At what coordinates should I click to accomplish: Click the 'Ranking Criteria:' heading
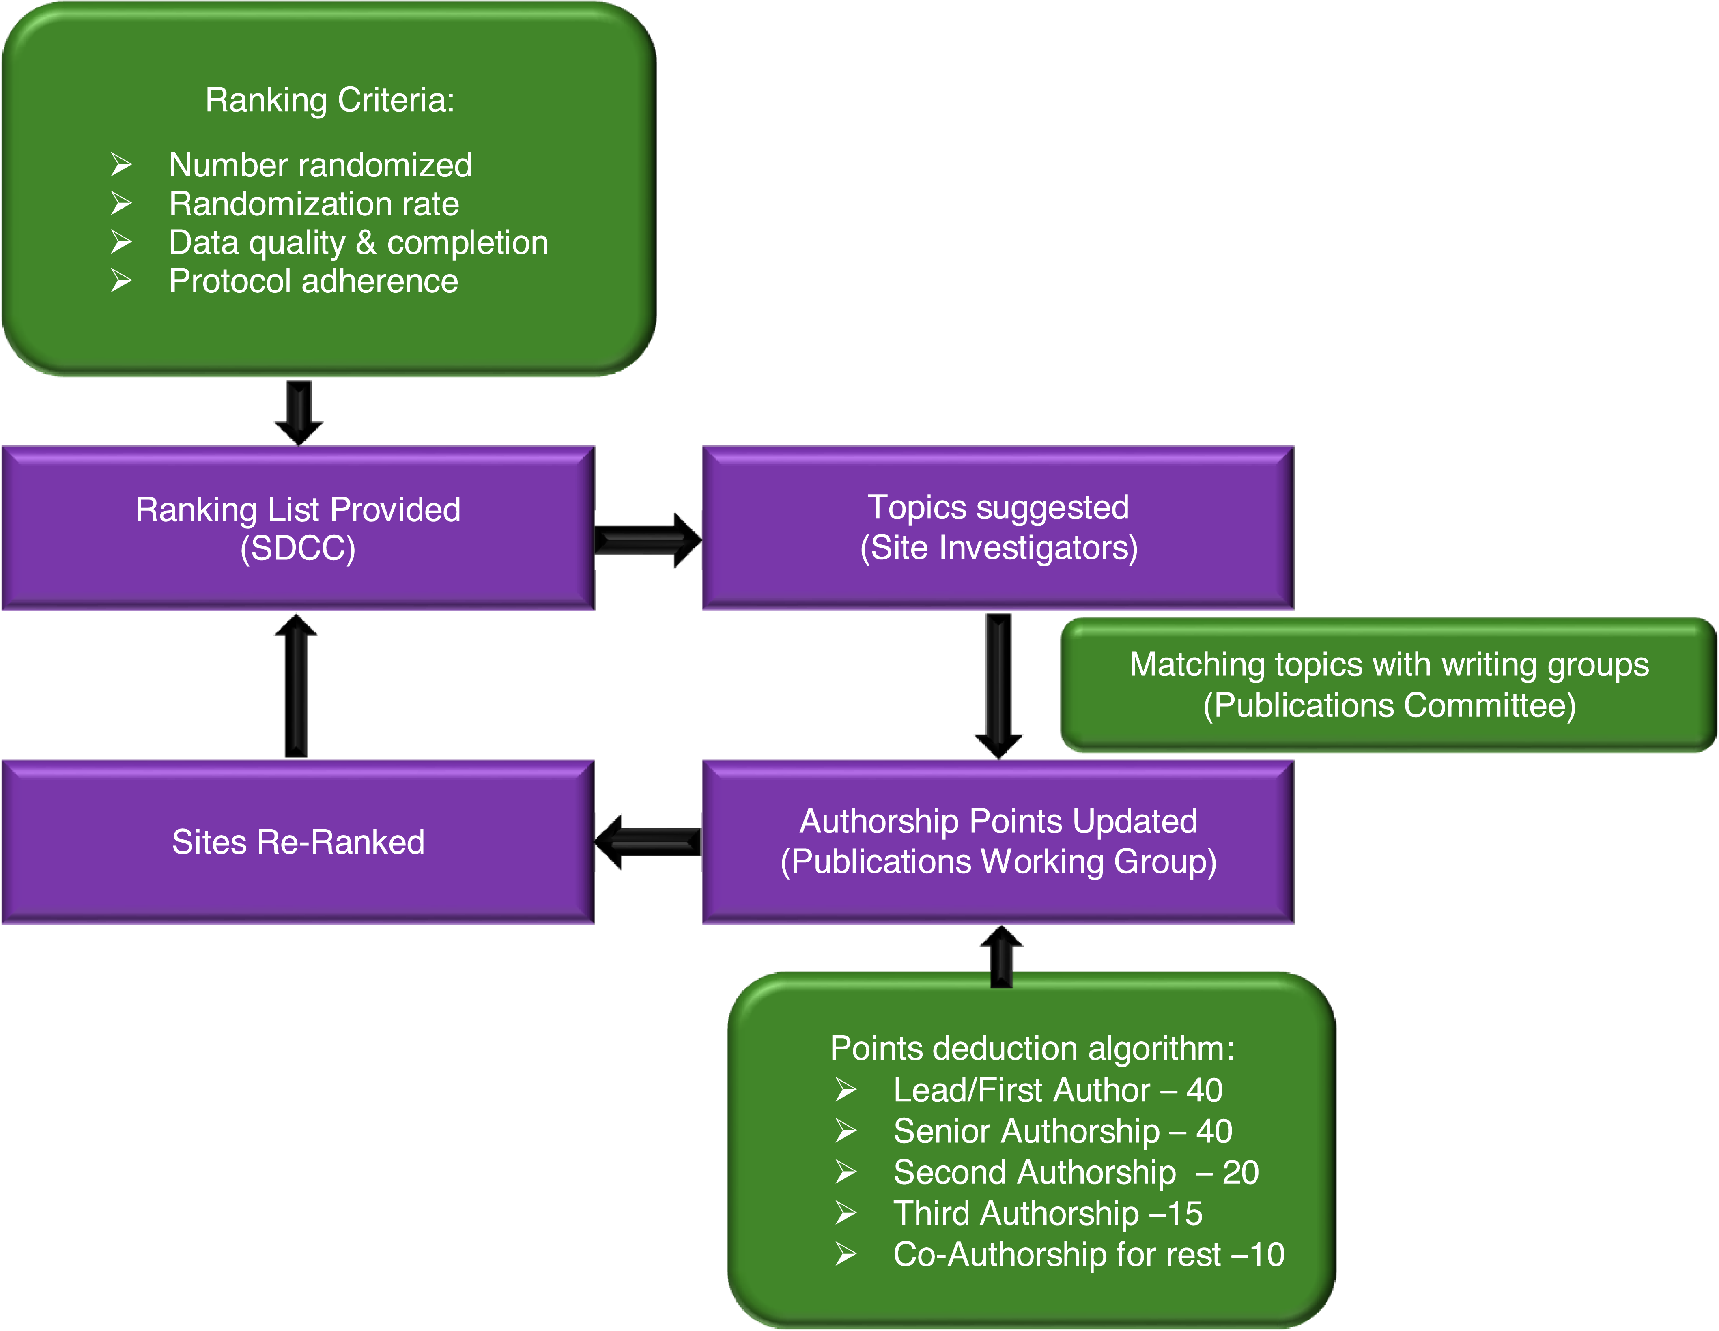(330, 100)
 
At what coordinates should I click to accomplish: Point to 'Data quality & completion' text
(358, 243)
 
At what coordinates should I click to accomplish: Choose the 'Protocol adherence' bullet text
(313, 281)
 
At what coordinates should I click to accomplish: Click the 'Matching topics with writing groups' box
(1388, 685)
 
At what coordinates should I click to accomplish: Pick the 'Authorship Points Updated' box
(998, 841)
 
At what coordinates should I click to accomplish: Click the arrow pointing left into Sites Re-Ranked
(647, 841)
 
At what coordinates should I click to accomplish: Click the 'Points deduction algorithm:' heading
(1032, 1048)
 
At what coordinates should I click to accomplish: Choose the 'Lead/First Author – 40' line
(1057, 1090)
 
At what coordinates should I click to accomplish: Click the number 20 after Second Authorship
(1240, 1172)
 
